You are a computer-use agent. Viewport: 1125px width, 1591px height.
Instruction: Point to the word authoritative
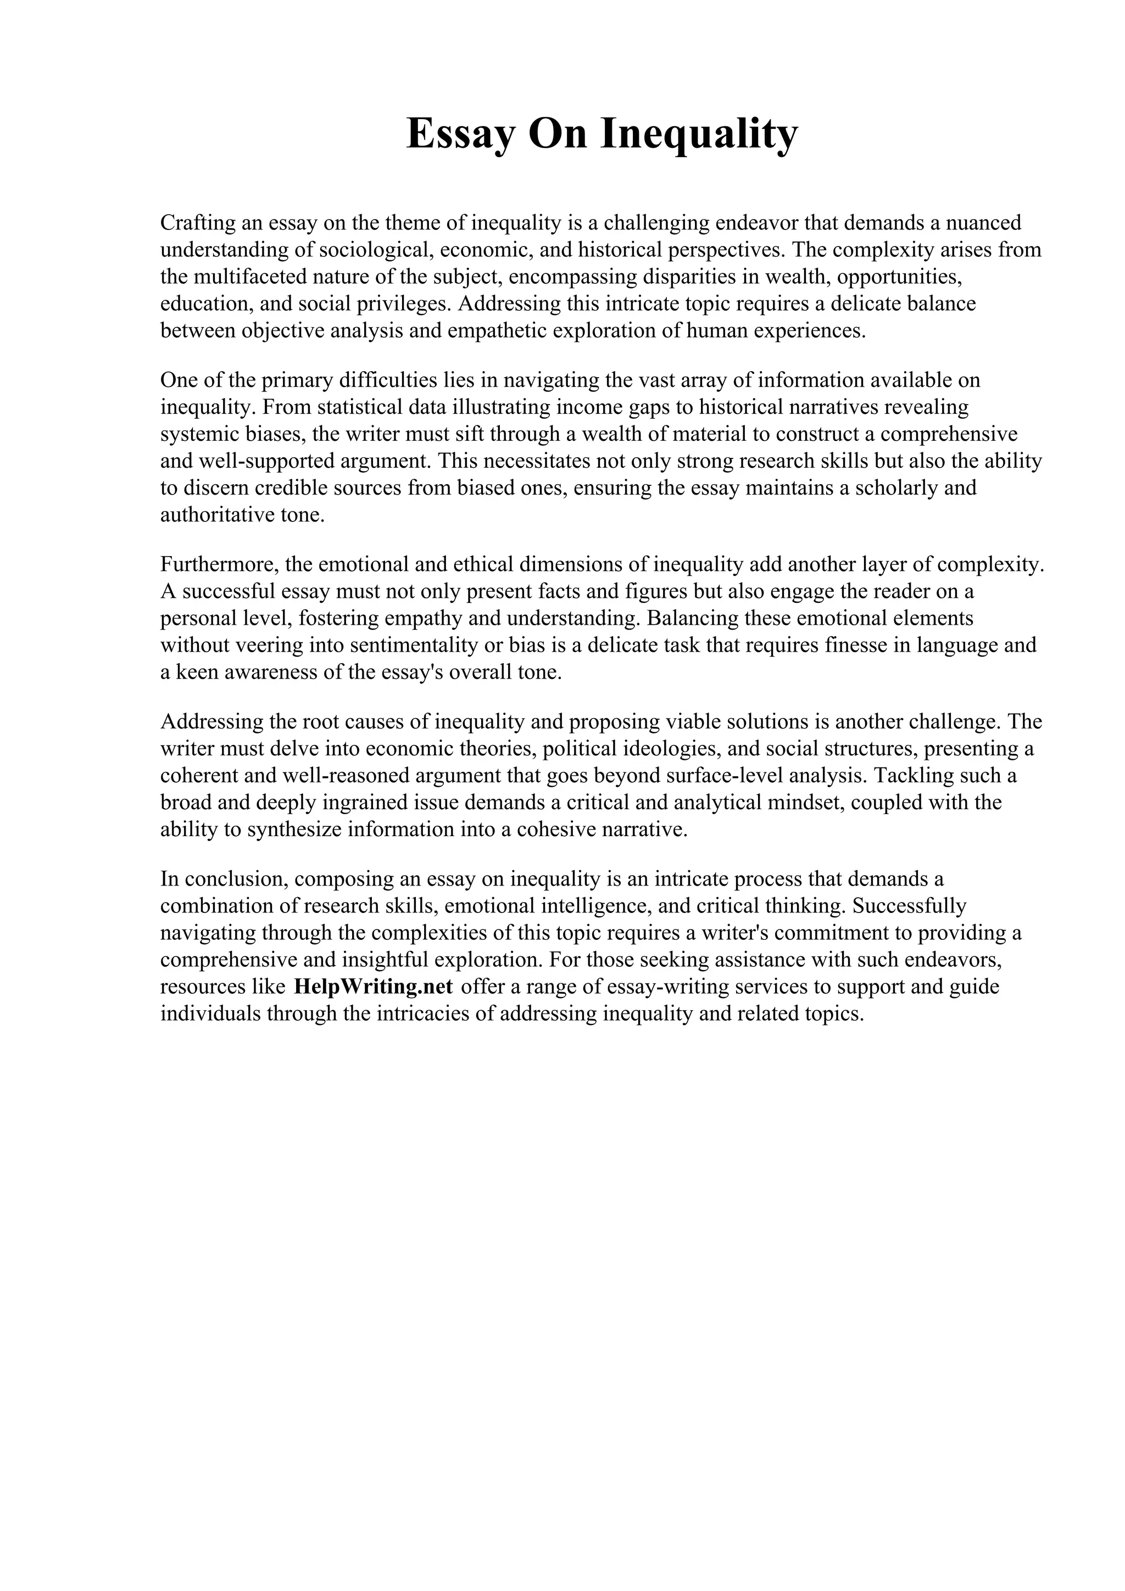(215, 515)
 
